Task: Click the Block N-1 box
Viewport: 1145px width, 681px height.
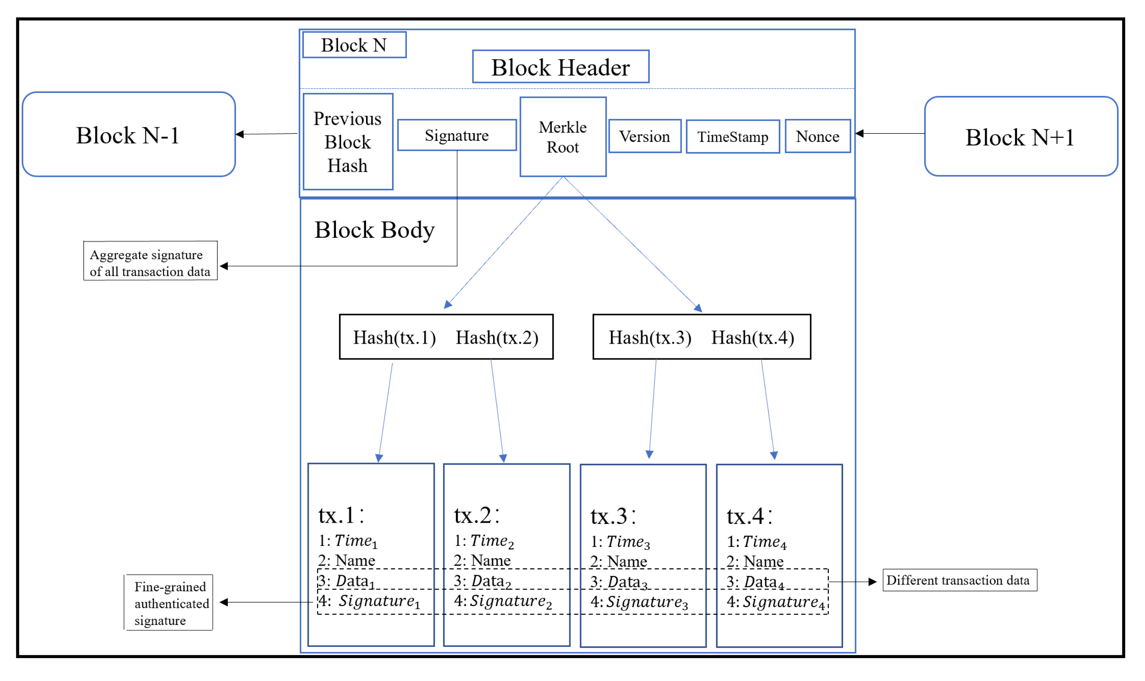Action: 129,135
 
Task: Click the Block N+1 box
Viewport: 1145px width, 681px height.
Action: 1020,137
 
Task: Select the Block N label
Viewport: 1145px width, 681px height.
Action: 354,45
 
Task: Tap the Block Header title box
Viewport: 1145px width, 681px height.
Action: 560,67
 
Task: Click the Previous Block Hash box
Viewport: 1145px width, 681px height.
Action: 348,142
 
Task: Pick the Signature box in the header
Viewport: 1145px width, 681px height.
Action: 457,135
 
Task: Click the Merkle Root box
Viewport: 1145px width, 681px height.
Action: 563,137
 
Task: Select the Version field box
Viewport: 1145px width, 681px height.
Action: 644,136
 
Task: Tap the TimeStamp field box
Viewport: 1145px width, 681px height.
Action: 732,137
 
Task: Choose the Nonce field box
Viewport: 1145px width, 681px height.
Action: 817,136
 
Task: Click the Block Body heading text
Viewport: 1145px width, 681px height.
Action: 374,229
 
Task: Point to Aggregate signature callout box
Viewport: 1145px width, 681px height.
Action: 150,261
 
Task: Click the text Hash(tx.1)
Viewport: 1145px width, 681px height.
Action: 394,338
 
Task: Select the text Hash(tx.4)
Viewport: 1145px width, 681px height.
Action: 752,338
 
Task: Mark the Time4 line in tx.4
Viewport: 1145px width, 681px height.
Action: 757,542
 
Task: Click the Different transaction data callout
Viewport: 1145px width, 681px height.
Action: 959,581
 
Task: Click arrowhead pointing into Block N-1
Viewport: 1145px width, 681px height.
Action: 240,134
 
